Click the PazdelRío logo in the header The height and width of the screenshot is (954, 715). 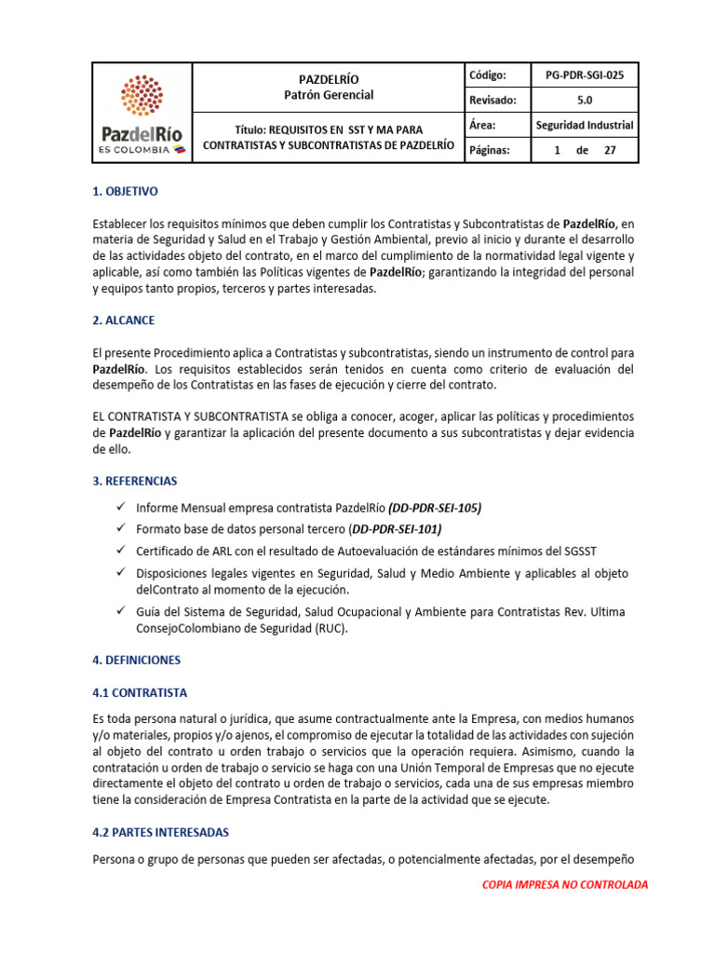(x=142, y=113)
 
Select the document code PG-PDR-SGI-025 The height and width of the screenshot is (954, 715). (x=585, y=75)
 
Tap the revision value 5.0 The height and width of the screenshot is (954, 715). (x=585, y=101)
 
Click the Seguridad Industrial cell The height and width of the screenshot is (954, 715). (x=585, y=125)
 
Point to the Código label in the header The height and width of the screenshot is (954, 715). (x=488, y=75)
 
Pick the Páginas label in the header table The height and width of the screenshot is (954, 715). (x=490, y=150)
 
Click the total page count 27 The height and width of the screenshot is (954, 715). (x=611, y=150)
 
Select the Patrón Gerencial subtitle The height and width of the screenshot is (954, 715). (x=328, y=95)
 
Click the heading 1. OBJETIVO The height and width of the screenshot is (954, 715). (x=126, y=191)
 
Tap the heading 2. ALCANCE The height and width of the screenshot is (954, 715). (x=124, y=320)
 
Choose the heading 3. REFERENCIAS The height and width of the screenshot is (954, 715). (x=135, y=481)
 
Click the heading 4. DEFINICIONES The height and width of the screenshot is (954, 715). (x=137, y=660)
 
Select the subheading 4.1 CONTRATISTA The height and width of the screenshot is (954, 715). (x=140, y=693)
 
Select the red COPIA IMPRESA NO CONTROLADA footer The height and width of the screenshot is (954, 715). (x=564, y=884)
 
